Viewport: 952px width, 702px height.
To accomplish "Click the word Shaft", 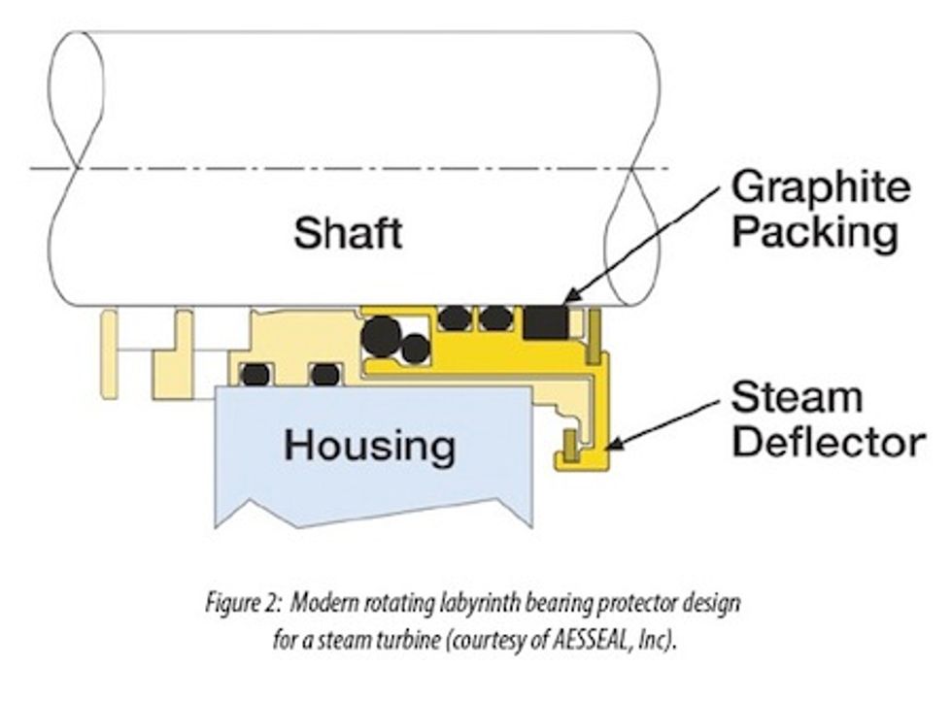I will [x=348, y=233].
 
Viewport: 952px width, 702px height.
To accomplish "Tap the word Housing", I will [x=369, y=446].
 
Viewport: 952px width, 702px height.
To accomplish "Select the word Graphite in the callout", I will [x=821, y=188].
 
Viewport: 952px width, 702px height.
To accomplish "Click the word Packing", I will [x=814, y=233].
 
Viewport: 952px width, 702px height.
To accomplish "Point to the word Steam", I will [x=797, y=397].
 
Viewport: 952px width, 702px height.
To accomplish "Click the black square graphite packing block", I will [x=545, y=321].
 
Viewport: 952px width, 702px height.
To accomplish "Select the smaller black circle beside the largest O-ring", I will [x=416, y=348].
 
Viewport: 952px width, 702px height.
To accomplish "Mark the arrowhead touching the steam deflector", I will [x=614, y=446].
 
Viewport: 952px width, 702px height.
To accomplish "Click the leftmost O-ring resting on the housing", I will [x=255, y=374].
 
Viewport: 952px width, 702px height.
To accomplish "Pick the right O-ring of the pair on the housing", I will [x=324, y=374].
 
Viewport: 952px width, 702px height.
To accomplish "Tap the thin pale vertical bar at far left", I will [x=109, y=354].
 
